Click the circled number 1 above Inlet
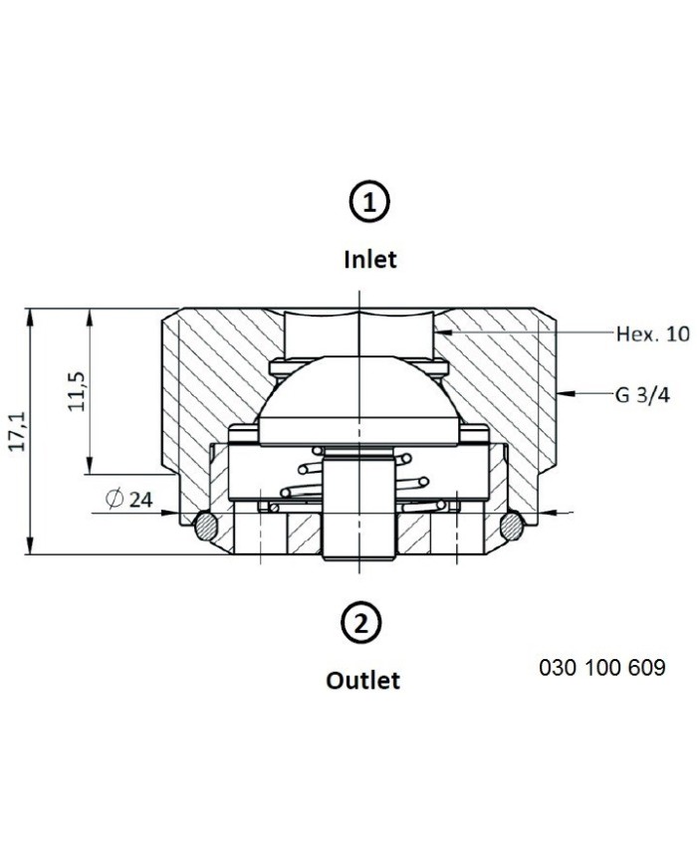tap(369, 202)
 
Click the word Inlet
tap(369, 259)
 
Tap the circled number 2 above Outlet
tap(361, 624)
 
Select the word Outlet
tap(362, 680)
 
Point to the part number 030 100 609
tap(602, 668)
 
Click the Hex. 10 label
tap(653, 333)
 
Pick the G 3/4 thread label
tap(642, 395)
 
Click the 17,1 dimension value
tap(18, 431)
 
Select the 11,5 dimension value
tap(77, 391)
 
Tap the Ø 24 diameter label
tap(129, 499)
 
